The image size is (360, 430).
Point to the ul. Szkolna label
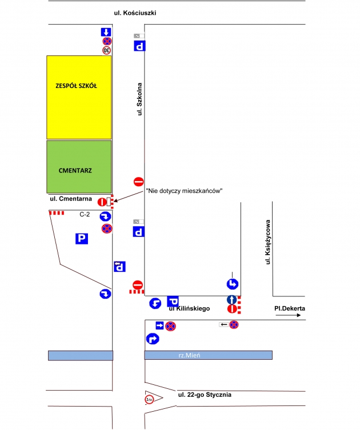coord(139,99)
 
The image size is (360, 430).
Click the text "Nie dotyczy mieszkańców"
coord(183,190)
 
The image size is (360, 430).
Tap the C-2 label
coord(85,214)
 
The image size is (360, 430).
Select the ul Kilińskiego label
coord(189,308)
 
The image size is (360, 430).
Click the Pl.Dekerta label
coord(289,308)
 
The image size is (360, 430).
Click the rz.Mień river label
coord(189,355)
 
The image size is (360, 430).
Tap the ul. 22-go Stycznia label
coord(204,395)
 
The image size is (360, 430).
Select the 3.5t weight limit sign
coord(149,399)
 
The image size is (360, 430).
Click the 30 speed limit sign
coord(106,50)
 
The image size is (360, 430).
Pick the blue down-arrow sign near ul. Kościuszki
coord(106,32)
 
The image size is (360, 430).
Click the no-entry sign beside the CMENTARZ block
coord(138,182)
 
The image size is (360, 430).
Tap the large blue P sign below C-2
coord(82,239)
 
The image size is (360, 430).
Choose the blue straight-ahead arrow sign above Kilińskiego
coord(232,299)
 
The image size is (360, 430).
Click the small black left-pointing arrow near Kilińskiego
coord(223,325)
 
